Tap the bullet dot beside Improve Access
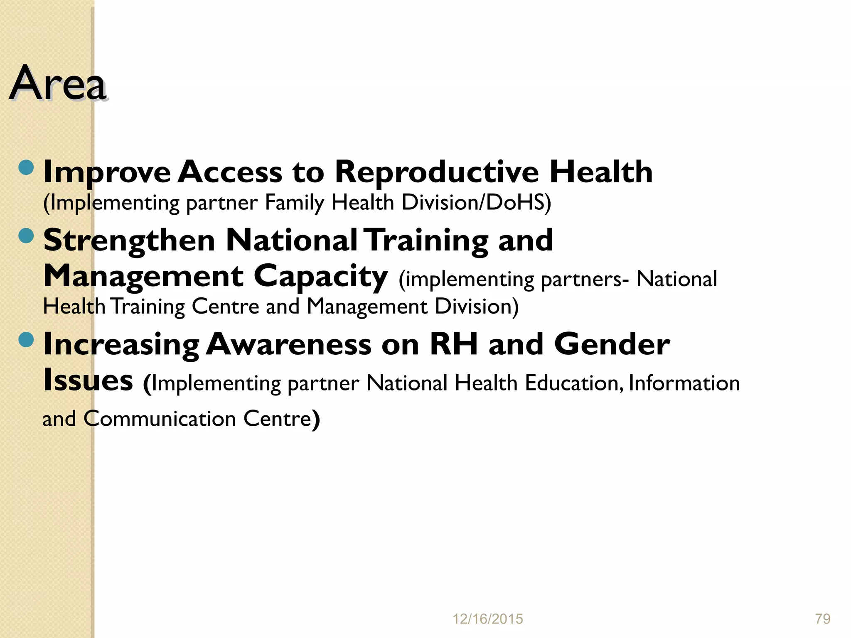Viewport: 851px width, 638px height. click(x=26, y=167)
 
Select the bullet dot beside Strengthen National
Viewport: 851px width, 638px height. click(x=26, y=236)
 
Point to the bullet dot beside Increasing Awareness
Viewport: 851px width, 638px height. click(x=26, y=340)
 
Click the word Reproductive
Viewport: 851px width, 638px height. click(x=437, y=172)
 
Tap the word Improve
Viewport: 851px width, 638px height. click(x=107, y=172)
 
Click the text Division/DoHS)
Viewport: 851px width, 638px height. click(x=477, y=203)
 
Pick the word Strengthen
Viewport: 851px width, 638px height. click(x=129, y=241)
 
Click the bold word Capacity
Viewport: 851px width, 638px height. click(x=320, y=277)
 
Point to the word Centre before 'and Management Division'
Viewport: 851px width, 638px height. click(x=225, y=307)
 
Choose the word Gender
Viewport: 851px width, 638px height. click(x=612, y=344)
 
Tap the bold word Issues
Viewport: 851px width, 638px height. click(x=88, y=380)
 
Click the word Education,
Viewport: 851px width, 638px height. click(x=574, y=383)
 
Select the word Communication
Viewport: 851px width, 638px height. click(x=160, y=419)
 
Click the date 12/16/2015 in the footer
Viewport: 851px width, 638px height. click(x=487, y=619)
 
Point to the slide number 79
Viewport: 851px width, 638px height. click(x=823, y=619)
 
